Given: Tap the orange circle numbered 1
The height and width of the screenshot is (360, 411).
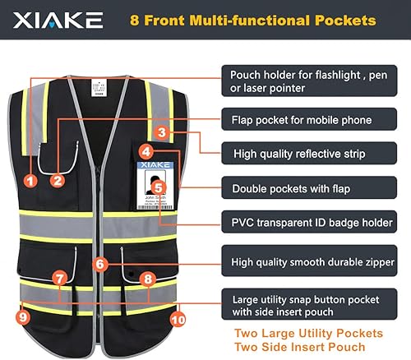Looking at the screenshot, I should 30,178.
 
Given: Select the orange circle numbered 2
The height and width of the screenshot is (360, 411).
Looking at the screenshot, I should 58,178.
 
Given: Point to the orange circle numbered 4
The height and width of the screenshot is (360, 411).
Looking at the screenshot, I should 145,151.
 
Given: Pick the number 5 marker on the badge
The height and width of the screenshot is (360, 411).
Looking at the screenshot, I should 159,187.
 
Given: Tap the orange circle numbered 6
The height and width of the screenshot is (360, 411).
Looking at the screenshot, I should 99,265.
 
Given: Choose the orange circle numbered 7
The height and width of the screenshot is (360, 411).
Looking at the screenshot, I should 58,279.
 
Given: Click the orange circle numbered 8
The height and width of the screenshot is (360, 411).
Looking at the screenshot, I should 147,279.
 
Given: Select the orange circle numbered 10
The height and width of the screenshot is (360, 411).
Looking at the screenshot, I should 178,317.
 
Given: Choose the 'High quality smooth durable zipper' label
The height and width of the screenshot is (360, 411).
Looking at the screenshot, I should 313,261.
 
